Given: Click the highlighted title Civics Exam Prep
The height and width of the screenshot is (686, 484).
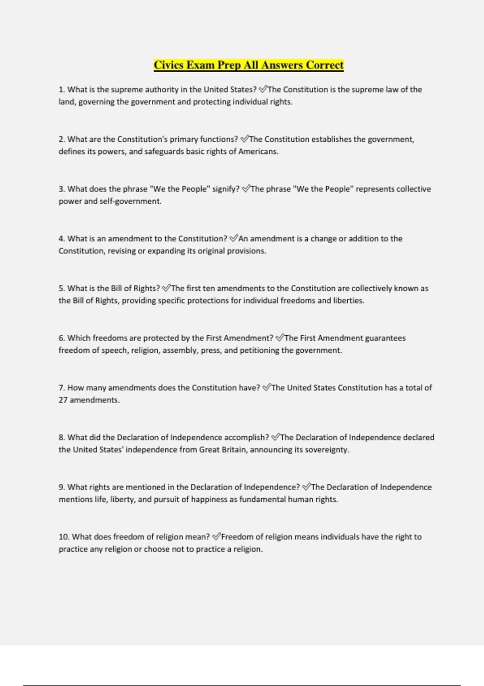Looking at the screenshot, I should pyautogui.click(x=248, y=65).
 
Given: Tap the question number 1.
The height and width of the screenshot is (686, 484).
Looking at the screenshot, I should pyautogui.click(x=61, y=90).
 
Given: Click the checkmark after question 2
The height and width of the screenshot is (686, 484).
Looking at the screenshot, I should pyautogui.click(x=244, y=139).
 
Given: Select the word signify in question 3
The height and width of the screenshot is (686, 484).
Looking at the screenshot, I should pyautogui.click(x=226, y=189).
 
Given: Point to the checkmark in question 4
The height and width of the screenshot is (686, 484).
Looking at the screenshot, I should pyautogui.click(x=234, y=238).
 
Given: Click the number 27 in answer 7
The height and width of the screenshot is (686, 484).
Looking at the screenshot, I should pyautogui.click(x=63, y=400).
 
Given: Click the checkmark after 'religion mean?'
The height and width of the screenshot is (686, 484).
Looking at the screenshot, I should pyautogui.click(x=216, y=537).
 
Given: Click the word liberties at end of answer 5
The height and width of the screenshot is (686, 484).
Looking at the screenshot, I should pyautogui.click(x=348, y=301).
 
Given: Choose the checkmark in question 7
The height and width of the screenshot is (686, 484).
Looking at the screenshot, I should pyautogui.click(x=267, y=388).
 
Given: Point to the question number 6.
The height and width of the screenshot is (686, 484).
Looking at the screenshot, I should pyautogui.click(x=61, y=338).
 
